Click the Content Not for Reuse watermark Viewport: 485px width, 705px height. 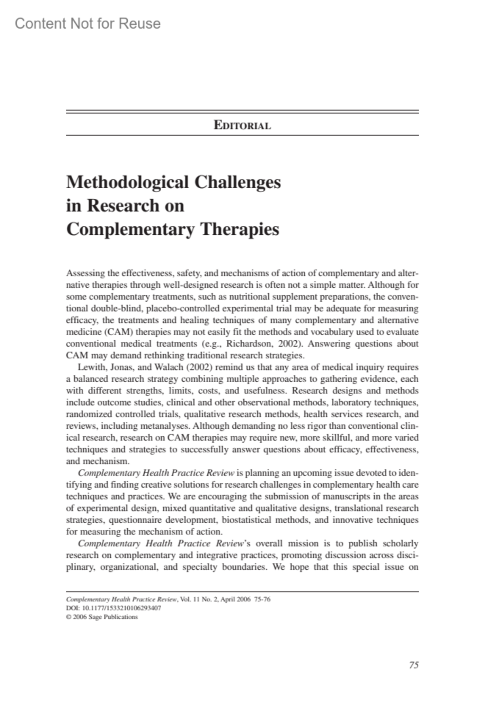click(x=88, y=24)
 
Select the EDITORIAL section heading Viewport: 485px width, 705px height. click(x=242, y=125)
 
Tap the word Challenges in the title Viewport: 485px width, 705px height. click(x=238, y=182)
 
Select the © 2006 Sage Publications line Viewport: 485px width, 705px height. click(x=102, y=617)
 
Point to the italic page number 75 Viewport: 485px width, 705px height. click(x=413, y=665)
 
